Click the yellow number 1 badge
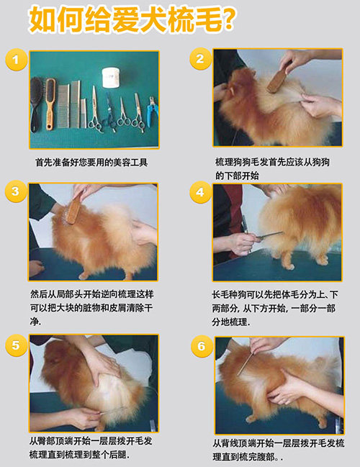pyautogui.click(x=16, y=60)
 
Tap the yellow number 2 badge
pyautogui.click(x=200, y=59)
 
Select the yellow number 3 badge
pyautogui.click(x=16, y=191)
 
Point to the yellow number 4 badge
pyautogui.click(x=200, y=192)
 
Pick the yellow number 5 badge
pyautogui.click(x=16, y=345)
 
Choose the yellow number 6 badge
pyautogui.click(x=202, y=346)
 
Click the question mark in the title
pyautogui.click(x=229, y=19)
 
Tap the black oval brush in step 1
pyautogui.click(x=36, y=104)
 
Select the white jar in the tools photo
pyautogui.click(x=112, y=78)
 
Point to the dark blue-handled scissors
pyautogui.click(x=109, y=109)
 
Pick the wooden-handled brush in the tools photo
pyautogui.click(x=50, y=104)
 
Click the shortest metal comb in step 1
pyautogui.click(x=84, y=114)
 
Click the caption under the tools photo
pyautogui.click(x=91, y=163)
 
